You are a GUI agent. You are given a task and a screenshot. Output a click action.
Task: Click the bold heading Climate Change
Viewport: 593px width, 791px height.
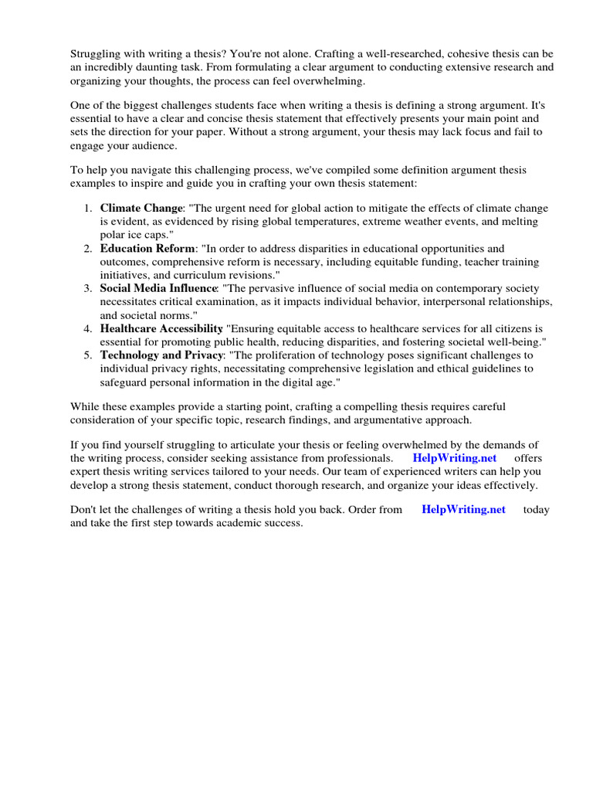(x=141, y=209)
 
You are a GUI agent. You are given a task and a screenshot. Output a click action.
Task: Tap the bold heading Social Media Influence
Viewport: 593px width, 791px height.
(x=158, y=288)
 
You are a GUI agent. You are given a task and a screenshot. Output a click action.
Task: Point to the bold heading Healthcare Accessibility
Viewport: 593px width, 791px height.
(x=161, y=328)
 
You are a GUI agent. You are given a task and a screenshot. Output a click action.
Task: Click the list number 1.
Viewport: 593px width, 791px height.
(x=88, y=209)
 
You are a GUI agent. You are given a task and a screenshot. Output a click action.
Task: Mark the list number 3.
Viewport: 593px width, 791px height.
(x=88, y=288)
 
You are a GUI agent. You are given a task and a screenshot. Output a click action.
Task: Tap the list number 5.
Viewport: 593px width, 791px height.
(x=88, y=355)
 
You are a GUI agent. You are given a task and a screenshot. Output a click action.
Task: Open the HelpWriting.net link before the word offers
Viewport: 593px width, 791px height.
(x=454, y=457)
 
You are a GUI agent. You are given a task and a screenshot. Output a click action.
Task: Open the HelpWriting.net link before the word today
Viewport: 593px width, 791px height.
(x=463, y=510)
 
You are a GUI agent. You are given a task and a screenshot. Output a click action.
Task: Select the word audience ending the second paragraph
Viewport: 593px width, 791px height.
(x=153, y=146)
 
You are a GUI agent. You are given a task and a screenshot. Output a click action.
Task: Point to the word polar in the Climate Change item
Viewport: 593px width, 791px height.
(x=113, y=235)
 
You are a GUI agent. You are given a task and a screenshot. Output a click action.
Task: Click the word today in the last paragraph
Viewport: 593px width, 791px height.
(x=536, y=510)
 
